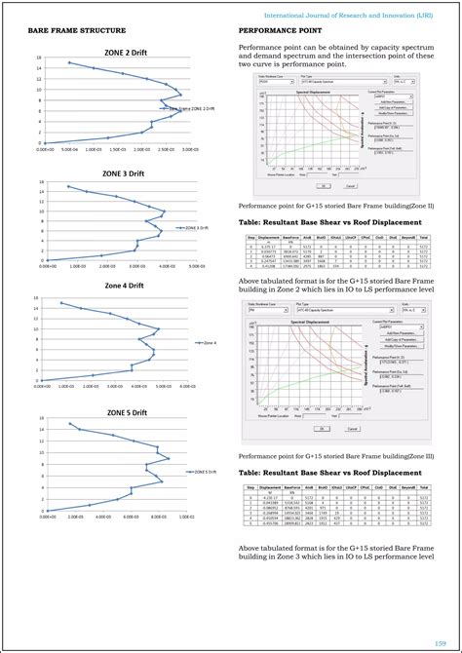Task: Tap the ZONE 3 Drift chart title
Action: pos(124,173)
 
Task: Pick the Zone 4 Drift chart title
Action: pos(124,286)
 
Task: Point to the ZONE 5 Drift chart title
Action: pos(126,412)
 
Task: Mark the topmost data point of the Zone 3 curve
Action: pos(68,186)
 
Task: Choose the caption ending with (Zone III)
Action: pos(336,455)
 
